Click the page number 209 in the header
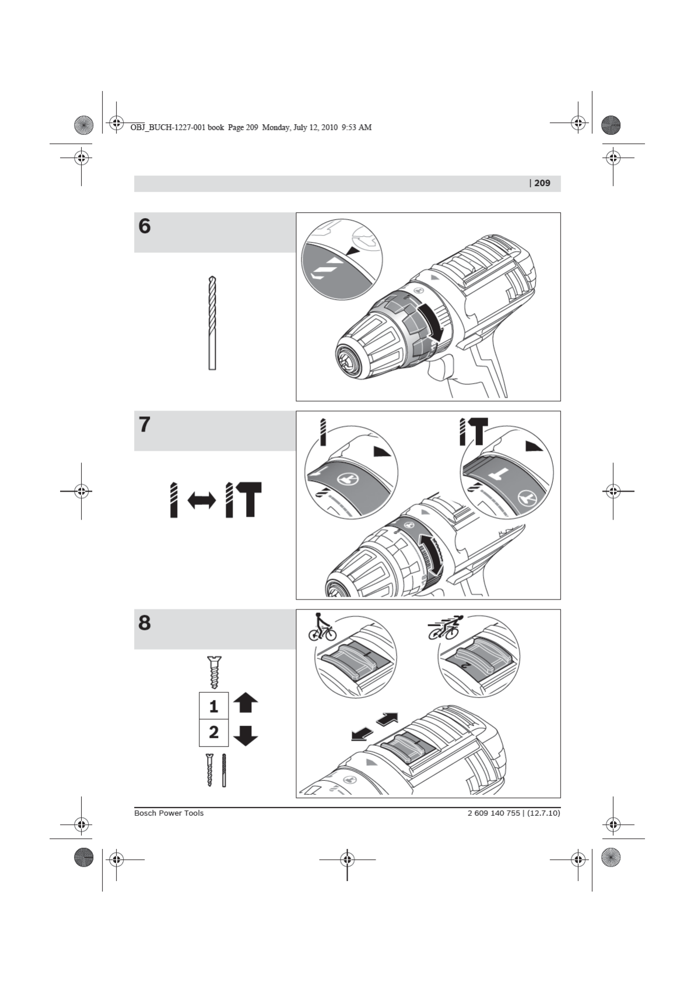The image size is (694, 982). coord(542,183)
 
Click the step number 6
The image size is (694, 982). coord(145,226)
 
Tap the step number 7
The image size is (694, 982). coord(145,425)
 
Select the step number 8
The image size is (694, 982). coord(145,623)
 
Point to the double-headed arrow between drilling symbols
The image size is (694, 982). coord(201,500)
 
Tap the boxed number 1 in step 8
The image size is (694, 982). coord(213,706)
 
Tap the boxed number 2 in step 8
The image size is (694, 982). coord(213,732)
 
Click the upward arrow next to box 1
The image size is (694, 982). coord(245,703)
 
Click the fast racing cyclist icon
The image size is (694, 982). coord(446,626)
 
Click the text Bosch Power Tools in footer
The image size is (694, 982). coord(169,813)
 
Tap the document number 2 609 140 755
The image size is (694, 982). coord(493,813)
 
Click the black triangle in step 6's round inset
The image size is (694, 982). coord(352,250)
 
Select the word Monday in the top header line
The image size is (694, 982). coord(276,127)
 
